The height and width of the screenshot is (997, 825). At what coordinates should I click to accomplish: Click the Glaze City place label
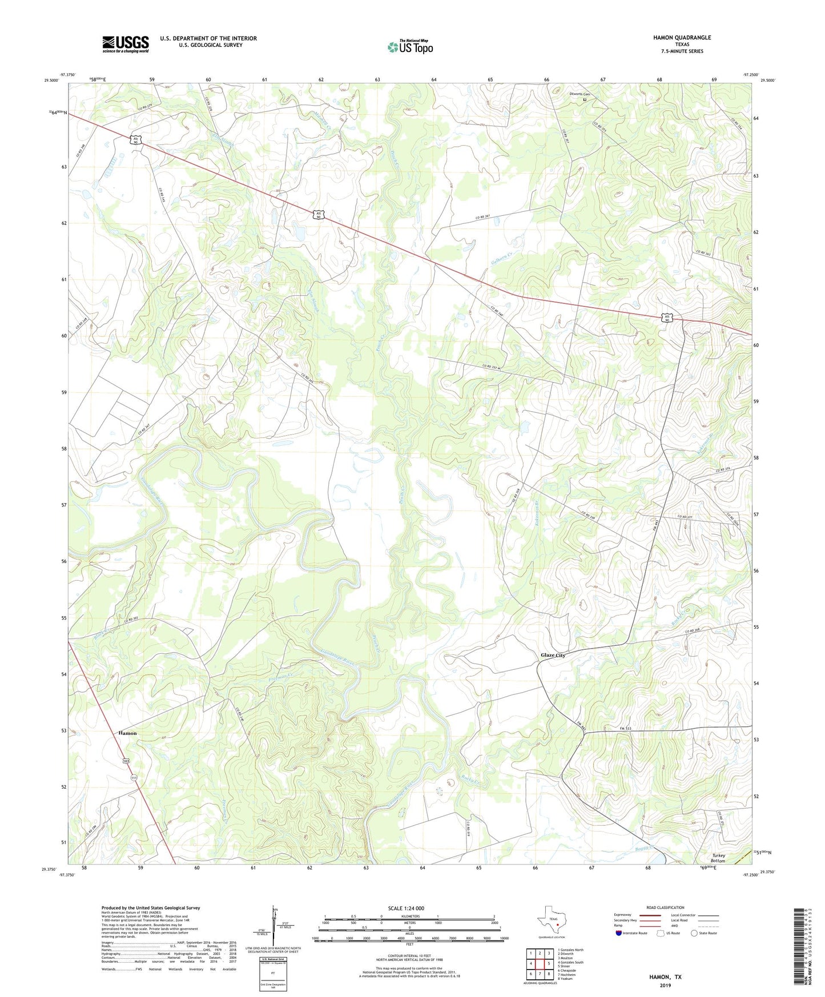coord(553,655)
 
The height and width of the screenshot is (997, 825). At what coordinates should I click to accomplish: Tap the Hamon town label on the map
coord(127,733)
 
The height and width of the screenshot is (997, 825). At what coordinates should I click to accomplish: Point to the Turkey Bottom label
coord(718,858)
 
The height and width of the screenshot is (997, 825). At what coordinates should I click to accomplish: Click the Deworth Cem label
coord(578,94)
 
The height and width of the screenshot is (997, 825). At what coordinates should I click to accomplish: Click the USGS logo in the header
coord(125,44)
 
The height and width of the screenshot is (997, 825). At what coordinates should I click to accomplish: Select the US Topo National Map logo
coord(410,47)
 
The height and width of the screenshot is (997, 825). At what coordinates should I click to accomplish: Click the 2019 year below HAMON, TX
coord(665,985)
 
